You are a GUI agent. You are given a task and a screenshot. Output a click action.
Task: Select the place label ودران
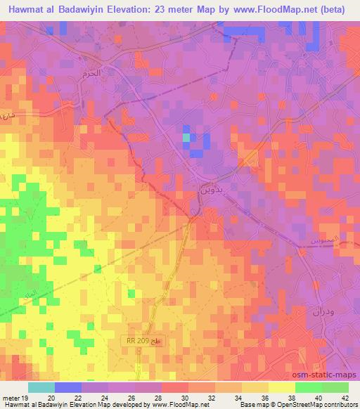pyautogui.click(x=321, y=311)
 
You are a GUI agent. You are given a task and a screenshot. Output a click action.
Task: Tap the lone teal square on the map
pyautogui.click(x=186, y=138)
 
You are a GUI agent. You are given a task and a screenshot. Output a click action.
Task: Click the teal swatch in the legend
pyautogui.click(x=41, y=387)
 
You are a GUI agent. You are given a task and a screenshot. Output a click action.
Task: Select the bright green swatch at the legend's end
pyautogui.click(x=335, y=387)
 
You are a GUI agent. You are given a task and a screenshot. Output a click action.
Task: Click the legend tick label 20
pyautogui.click(x=51, y=398)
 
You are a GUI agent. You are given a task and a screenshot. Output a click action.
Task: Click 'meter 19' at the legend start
pyautogui.click(x=15, y=398)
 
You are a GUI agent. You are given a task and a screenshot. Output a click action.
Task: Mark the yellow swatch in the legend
pyautogui.click(x=281, y=387)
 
